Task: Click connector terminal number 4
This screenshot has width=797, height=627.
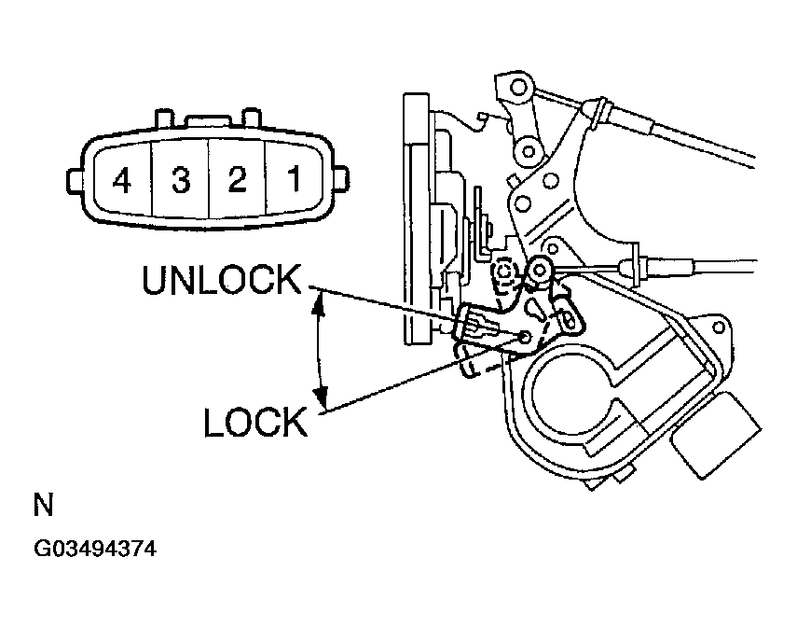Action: (x=120, y=179)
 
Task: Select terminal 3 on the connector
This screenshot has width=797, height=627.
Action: (x=180, y=179)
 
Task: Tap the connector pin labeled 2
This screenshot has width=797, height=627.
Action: (x=237, y=179)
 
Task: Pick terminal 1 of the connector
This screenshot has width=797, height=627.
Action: (x=293, y=179)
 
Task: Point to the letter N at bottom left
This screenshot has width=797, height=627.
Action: (x=43, y=507)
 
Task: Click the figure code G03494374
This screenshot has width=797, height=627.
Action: (x=95, y=550)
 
